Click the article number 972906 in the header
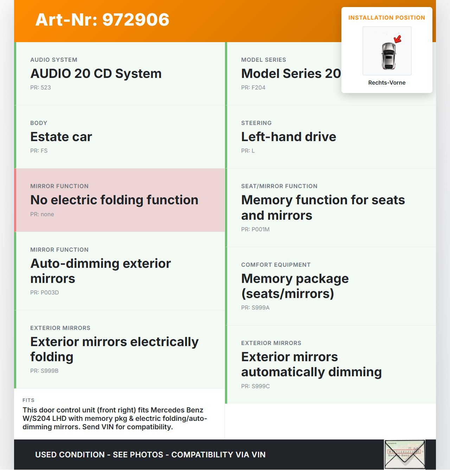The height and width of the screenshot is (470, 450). (x=102, y=20)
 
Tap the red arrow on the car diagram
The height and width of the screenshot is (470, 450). (x=398, y=39)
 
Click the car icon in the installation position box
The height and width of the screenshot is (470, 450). (x=388, y=55)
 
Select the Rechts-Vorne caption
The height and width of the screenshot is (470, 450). (x=387, y=82)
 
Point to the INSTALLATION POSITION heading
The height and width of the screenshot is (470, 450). (x=387, y=18)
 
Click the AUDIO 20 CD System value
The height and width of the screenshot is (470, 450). (x=96, y=73)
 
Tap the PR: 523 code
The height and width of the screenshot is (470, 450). (x=40, y=87)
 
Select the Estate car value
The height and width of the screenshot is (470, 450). (x=61, y=137)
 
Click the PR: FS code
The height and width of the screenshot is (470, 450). (x=39, y=151)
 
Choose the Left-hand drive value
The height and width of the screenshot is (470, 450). (x=289, y=137)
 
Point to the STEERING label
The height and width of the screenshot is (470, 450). (x=256, y=123)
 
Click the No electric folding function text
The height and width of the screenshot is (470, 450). (x=114, y=200)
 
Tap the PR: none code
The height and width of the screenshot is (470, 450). (x=42, y=214)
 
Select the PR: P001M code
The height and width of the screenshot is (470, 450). (x=255, y=229)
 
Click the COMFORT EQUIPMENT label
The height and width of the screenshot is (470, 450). (x=276, y=265)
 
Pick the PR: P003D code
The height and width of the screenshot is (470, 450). (x=45, y=292)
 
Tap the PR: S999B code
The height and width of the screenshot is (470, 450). (x=44, y=371)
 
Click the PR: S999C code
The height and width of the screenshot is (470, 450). (x=256, y=386)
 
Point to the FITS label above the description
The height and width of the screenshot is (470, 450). (x=28, y=400)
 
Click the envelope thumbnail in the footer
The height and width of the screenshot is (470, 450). (x=405, y=454)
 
